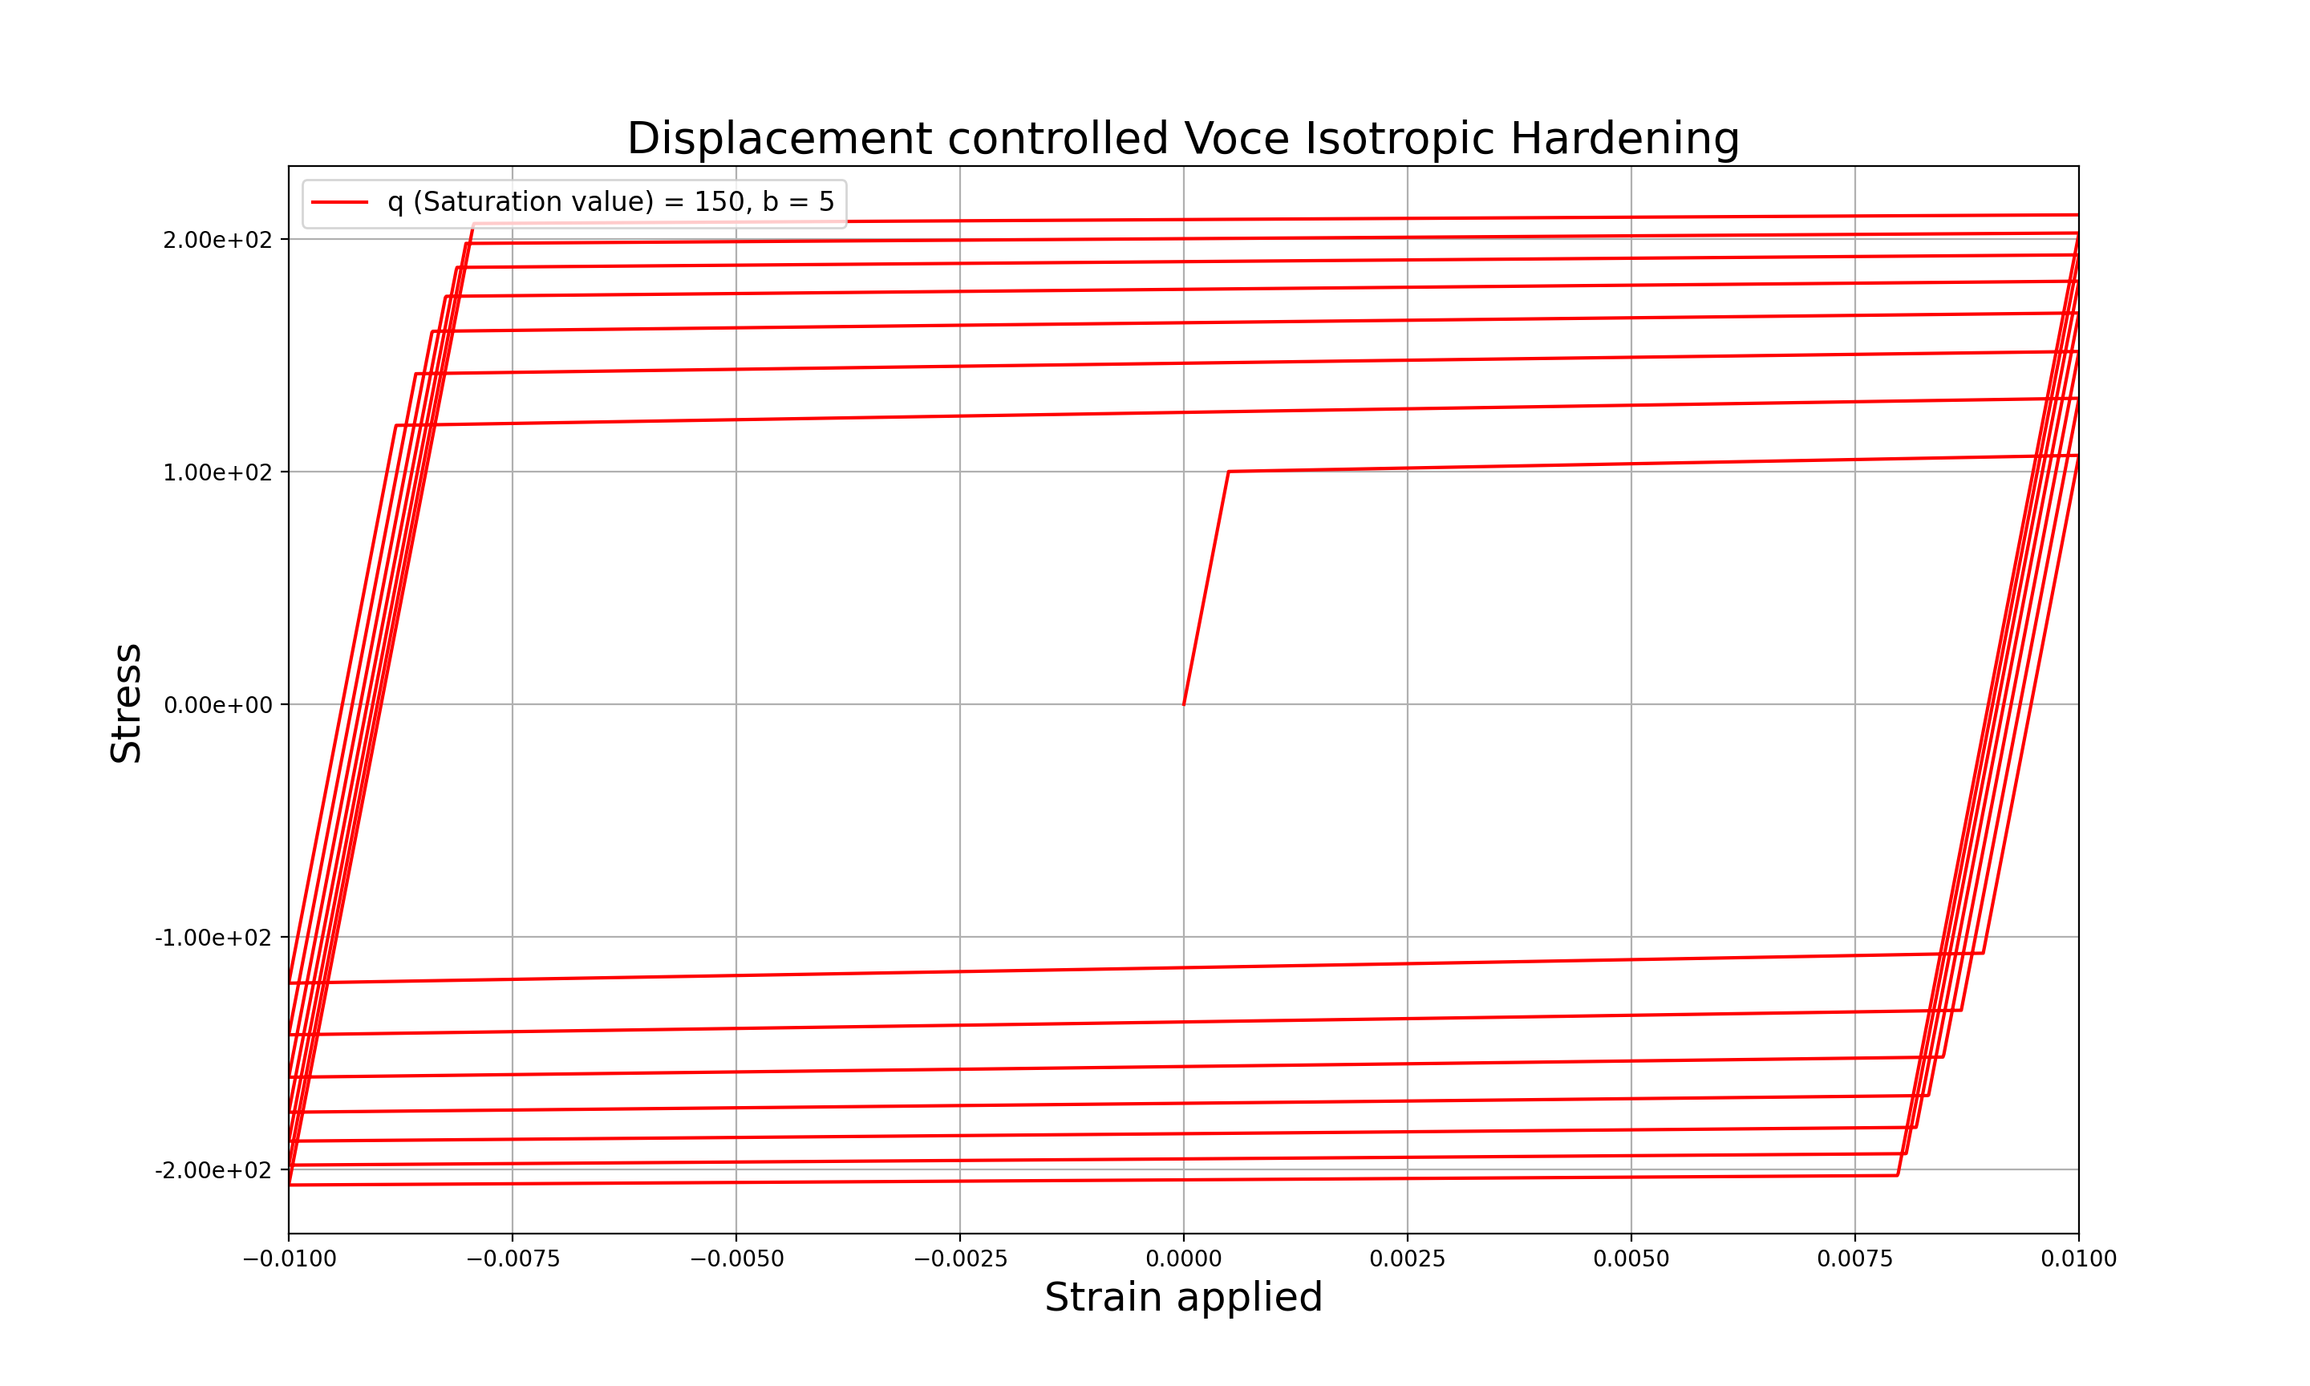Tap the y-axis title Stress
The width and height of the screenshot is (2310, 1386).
point(126,703)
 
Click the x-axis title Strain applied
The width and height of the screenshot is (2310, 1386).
point(1183,1297)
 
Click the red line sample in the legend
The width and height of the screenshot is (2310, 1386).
point(339,203)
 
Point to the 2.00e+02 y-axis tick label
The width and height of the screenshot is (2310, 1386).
point(217,240)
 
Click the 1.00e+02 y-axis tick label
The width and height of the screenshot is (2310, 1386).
point(217,472)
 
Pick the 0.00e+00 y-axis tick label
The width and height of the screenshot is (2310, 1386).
point(217,705)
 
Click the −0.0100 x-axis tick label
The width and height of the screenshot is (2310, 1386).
point(289,1259)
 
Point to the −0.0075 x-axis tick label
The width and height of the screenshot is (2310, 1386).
point(513,1259)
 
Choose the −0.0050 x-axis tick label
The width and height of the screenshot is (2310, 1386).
point(736,1259)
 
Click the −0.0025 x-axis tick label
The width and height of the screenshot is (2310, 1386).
point(960,1259)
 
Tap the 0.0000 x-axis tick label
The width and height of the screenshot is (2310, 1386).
point(1183,1259)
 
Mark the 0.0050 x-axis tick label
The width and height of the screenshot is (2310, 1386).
point(1631,1259)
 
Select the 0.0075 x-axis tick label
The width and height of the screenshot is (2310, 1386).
point(1854,1259)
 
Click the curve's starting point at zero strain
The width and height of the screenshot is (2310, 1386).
point(1184,704)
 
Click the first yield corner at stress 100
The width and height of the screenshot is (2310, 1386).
point(1229,472)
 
